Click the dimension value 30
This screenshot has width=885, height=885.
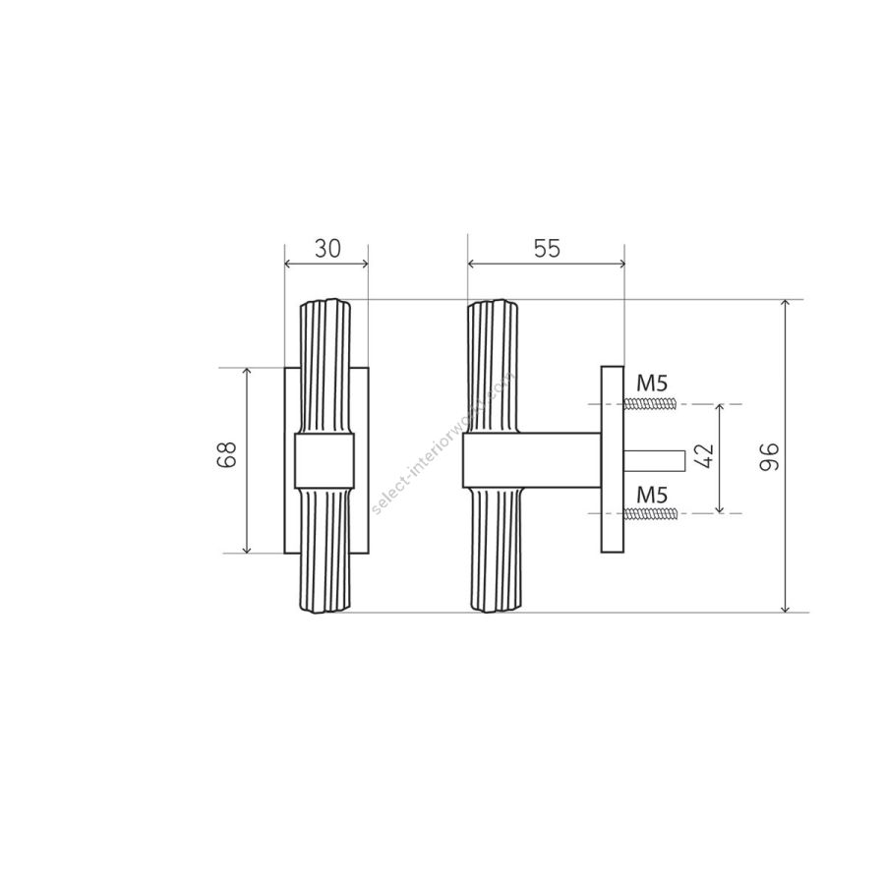click(x=327, y=249)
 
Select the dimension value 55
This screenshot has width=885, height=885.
click(x=547, y=249)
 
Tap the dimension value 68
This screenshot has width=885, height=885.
click(x=227, y=454)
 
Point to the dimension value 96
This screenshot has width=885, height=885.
click(x=769, y=457)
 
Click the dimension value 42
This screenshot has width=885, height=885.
click(x=704, y=456)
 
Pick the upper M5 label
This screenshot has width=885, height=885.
click(x=652, y=383)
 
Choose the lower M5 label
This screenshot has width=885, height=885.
click(x=652, y=496)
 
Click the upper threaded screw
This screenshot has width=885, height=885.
click(x=650, y=404)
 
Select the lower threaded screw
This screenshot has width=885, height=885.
click(x=650, y=513)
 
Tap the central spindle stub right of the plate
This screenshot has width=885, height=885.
click(x=655, y=460)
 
